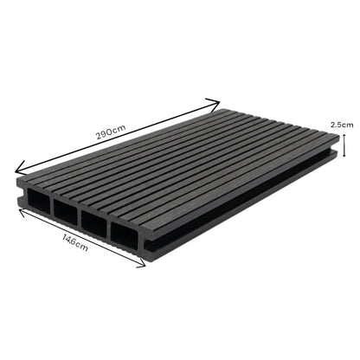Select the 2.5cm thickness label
342,125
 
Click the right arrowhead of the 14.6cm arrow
142,267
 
